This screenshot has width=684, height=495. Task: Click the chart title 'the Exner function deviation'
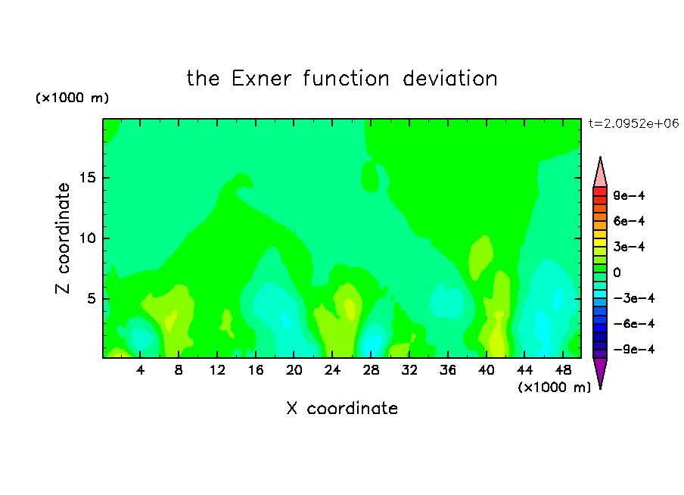[342, 79]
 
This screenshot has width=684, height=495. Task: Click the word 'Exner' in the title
[261, 79]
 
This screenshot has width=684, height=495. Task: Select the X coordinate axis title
[342, 408]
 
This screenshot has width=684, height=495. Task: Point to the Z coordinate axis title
[63, 238]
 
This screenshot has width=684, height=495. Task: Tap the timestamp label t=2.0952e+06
[633, 123]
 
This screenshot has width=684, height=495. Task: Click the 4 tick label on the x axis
[140, 370]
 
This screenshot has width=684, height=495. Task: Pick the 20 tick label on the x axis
[294, 370]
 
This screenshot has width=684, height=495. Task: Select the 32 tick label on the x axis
[409, 370]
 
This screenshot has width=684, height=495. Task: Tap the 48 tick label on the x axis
[563, 370]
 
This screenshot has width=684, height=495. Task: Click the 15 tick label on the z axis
[87, 178]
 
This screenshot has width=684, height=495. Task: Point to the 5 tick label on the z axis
[91, 298]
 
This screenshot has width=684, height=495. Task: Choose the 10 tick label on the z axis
[87, 238]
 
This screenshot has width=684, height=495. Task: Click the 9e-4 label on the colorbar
[629, 195]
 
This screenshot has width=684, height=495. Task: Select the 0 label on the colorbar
[617, 272]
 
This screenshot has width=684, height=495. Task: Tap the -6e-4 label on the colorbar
[634, 324]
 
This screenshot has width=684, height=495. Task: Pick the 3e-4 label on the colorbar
[629, 247]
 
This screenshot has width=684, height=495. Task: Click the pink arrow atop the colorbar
[600, 173]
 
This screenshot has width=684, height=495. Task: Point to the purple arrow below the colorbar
[600, 372]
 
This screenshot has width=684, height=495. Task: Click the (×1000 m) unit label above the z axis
[72, 98]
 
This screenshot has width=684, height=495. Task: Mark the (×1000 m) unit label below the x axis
[554, 387]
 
